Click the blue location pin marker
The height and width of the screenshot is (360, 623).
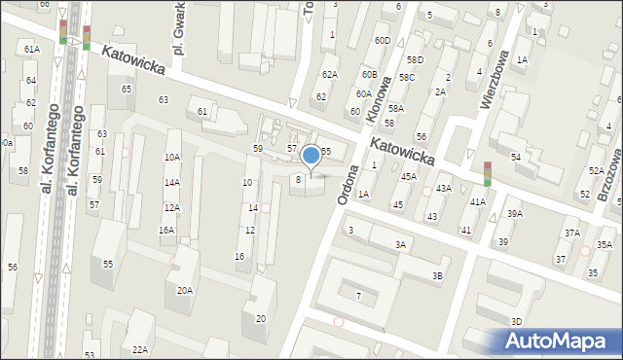point(311,155)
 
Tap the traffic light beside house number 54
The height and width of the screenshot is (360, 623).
point(487,172)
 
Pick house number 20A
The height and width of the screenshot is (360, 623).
point(184,290)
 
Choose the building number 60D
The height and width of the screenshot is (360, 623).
point(382,41)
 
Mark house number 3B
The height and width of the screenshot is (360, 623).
point(438,276)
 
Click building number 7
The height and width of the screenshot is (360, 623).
point(358,295)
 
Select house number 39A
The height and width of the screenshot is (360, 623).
point(514,214)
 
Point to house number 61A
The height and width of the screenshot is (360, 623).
point(32,49)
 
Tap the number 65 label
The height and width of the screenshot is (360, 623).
point(127,90)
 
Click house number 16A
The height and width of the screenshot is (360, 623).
point(166,231)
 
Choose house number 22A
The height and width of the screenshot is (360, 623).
point(140,349)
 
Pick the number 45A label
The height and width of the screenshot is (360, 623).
point(408,176)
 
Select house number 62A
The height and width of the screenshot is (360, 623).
point(329,75)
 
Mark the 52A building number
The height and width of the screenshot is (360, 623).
point(596,170)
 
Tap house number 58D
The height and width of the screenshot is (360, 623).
point(415,60)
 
